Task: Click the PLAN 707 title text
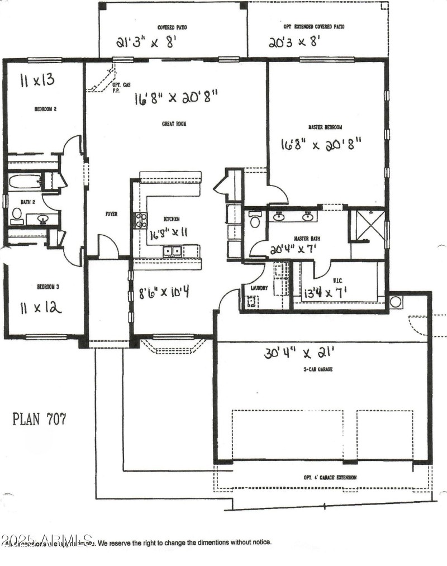39,419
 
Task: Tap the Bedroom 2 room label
45,110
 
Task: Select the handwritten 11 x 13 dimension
37,80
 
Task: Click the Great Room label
174,124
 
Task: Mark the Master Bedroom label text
325,127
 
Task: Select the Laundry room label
259,289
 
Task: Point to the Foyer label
111,214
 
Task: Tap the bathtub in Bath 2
25,182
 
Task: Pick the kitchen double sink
172,251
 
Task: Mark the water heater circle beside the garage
396,302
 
